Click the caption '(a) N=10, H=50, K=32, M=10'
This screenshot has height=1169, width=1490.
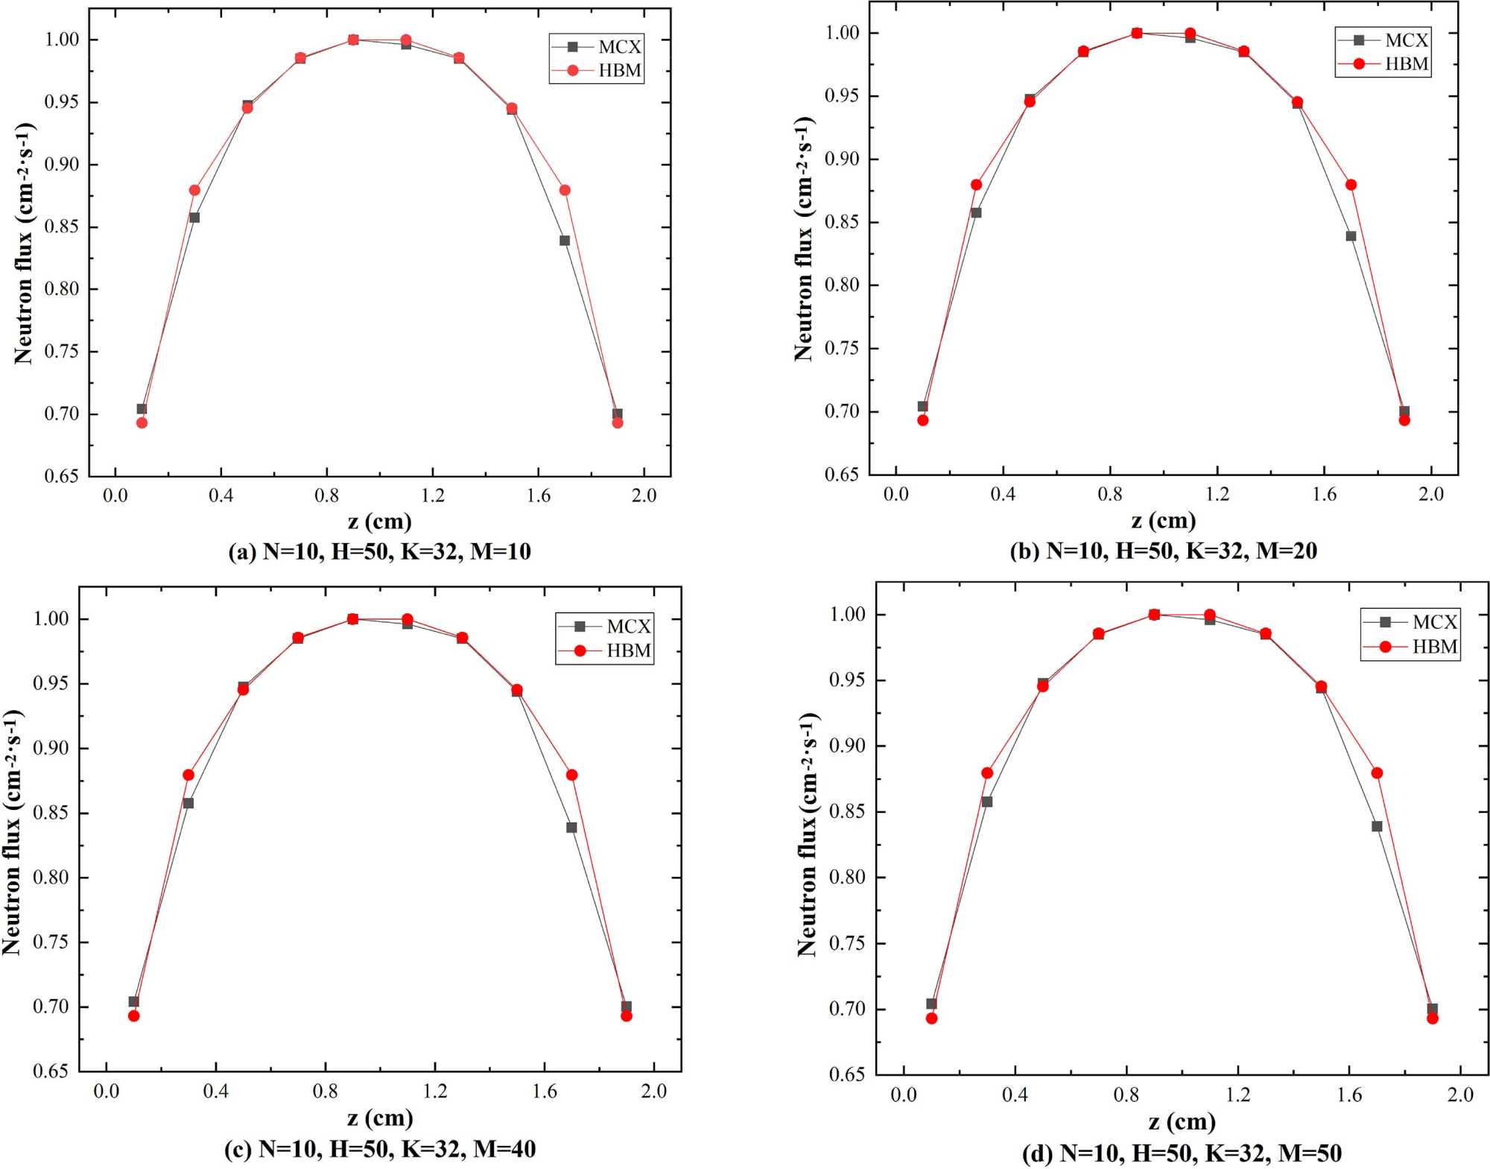point(379,551)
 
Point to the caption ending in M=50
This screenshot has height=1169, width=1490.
point(1182,1153)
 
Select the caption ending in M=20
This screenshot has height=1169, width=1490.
point(1163,551)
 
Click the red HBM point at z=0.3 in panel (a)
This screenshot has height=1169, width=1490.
point(194,190)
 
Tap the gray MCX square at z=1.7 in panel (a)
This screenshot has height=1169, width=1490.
point(565,241)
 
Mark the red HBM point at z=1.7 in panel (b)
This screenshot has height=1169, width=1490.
point(1351,185)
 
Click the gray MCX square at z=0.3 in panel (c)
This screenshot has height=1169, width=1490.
point(188,803)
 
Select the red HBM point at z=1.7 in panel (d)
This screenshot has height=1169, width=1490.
point(1377,773)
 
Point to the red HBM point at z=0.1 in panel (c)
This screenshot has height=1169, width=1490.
point(134,1016)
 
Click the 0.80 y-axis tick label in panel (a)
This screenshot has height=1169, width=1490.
point(62,289)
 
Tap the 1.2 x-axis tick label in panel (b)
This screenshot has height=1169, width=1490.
point(1217,494)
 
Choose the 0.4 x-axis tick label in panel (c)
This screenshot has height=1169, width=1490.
point(215,1092)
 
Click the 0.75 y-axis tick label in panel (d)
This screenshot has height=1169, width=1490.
point(847,943)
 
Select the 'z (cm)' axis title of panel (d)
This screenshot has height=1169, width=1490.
point(1182,1121)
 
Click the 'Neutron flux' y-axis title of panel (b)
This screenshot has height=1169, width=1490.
point(805,238)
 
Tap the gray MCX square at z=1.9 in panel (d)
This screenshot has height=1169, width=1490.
point(1432,1009)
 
